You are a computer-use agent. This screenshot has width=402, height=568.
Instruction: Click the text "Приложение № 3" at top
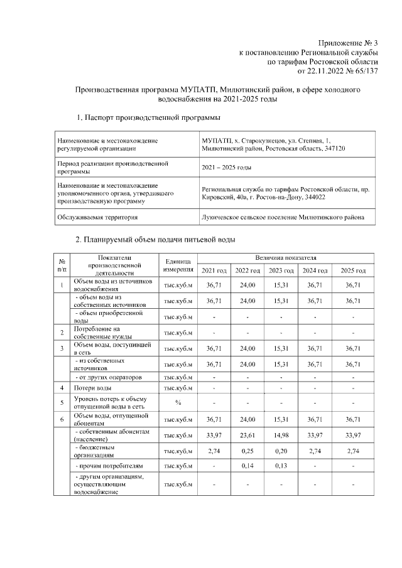point(347,43)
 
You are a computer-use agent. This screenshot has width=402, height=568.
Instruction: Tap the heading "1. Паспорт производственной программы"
point(148,117)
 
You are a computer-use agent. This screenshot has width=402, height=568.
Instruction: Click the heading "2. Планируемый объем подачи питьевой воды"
point(155,240)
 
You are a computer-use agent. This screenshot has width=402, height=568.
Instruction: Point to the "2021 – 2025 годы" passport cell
point(226,168)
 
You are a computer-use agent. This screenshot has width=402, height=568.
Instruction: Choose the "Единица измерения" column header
point(178,264)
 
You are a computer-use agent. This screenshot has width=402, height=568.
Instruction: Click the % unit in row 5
point(178,404)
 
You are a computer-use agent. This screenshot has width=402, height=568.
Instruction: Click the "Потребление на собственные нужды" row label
point(101,333)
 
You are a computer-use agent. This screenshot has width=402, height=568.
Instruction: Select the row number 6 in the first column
point(62,419)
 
